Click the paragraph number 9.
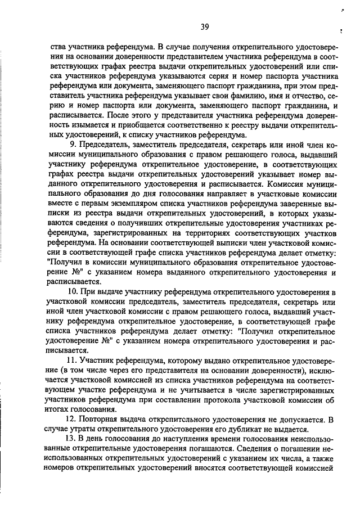point(72,145)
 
